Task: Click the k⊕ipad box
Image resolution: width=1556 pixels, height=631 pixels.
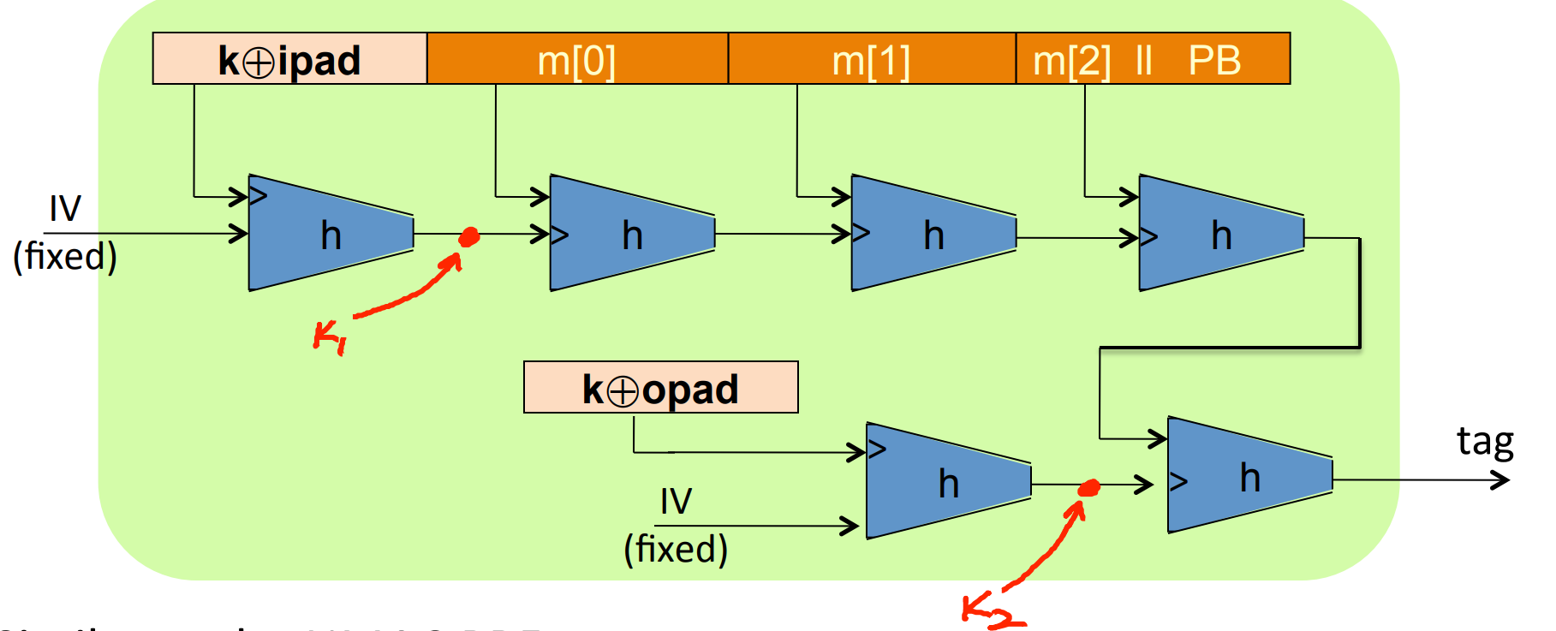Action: (x=289, y=59)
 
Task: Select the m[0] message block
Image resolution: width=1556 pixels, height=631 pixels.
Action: (x=576, y=59)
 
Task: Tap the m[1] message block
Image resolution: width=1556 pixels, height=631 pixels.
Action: (x=871, y=59)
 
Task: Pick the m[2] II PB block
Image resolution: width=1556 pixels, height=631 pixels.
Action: (x=1152, y=59)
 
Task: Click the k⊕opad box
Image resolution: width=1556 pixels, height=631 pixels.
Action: (x=660, y=388)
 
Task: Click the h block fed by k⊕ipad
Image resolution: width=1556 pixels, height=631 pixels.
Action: (x=330, y=233)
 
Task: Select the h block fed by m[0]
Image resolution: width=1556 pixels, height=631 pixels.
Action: (x=631, y=233)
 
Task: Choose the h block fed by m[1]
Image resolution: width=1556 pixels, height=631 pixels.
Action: (x=933, y=233)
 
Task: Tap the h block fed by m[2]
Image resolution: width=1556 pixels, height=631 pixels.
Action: (x=1220, y=233)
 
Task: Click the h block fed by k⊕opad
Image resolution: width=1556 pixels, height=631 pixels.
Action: (x=947, y=481)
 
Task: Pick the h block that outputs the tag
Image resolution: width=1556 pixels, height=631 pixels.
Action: (x=1249, y=475)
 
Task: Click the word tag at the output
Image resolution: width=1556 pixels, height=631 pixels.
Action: (x=1485, y=442)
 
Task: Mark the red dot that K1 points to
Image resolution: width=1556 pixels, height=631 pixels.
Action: (x=468, y=236)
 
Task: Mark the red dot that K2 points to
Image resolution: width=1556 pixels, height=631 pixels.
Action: (x=1088, y=488)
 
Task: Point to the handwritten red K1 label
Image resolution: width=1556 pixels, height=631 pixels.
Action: (x=329, y=336)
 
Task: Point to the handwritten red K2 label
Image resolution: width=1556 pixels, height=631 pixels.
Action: (x=992, y=610)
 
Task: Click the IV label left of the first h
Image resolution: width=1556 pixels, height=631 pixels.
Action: (x=65, y=209)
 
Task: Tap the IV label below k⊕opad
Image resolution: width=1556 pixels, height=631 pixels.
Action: (x=676, y=501)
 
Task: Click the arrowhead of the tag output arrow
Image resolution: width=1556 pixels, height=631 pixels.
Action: (x=1501, y=480)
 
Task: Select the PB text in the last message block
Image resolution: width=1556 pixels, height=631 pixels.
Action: (x=1214, y=59)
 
